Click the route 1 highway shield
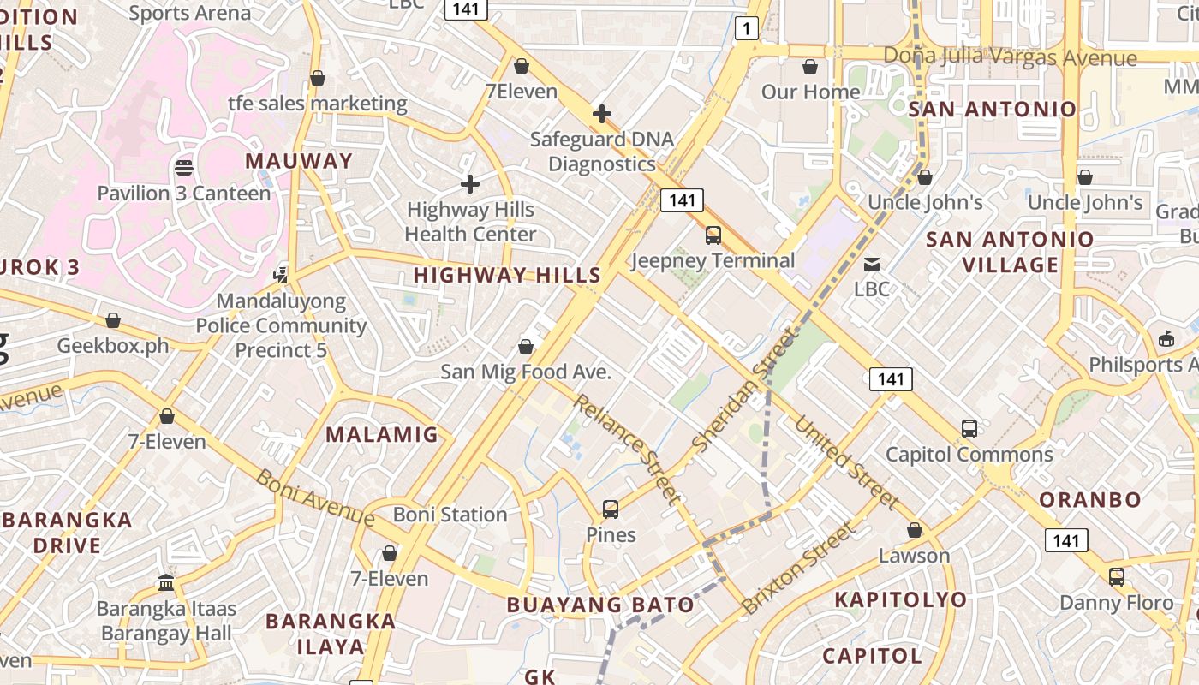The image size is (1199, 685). (x=747, y=29)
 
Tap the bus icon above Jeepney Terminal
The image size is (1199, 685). (x=713, y=235)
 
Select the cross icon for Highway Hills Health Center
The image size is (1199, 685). (x=469, y=184)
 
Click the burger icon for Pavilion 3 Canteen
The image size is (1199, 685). (x=183, y=167)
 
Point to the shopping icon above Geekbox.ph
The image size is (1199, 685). (x=113, y=321)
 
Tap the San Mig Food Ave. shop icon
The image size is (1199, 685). (x=526, y=347)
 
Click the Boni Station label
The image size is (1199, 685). (x=450, y=515)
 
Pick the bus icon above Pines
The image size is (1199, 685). (x=611, y=509)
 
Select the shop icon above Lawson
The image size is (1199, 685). (x=915, y=531)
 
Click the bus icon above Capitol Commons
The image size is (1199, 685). (x=969, y=429)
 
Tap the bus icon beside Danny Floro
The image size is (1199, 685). (x=1117, y=577)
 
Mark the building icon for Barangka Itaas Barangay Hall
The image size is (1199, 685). (x=166, y=583)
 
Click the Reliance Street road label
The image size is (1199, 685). (x=628, y=449)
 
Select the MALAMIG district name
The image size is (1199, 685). (x=382, y=434)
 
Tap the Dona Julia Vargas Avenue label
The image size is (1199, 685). (x=1011, y=57)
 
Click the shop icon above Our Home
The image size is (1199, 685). (x=810, y=67)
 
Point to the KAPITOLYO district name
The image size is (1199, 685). (x=901, y=599)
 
